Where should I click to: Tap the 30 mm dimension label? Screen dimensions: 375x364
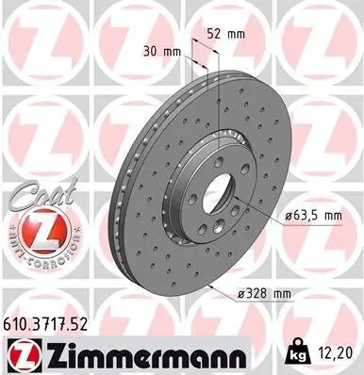point(162,51)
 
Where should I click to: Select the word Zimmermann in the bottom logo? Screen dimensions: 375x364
point(120,353)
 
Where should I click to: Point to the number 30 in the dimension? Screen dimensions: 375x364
point(151,51)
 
